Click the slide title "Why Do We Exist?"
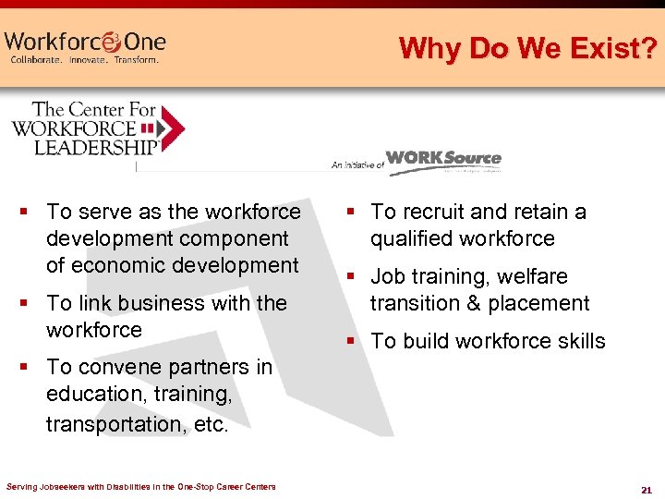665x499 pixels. [528, 47]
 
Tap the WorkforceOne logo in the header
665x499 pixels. [84, 42]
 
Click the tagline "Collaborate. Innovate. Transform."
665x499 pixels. [84, 60]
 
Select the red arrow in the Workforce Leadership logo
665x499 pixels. [172, 128]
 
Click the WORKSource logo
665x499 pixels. [443, 160]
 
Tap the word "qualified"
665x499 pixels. [409, 238]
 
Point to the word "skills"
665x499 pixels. [574, 341]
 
